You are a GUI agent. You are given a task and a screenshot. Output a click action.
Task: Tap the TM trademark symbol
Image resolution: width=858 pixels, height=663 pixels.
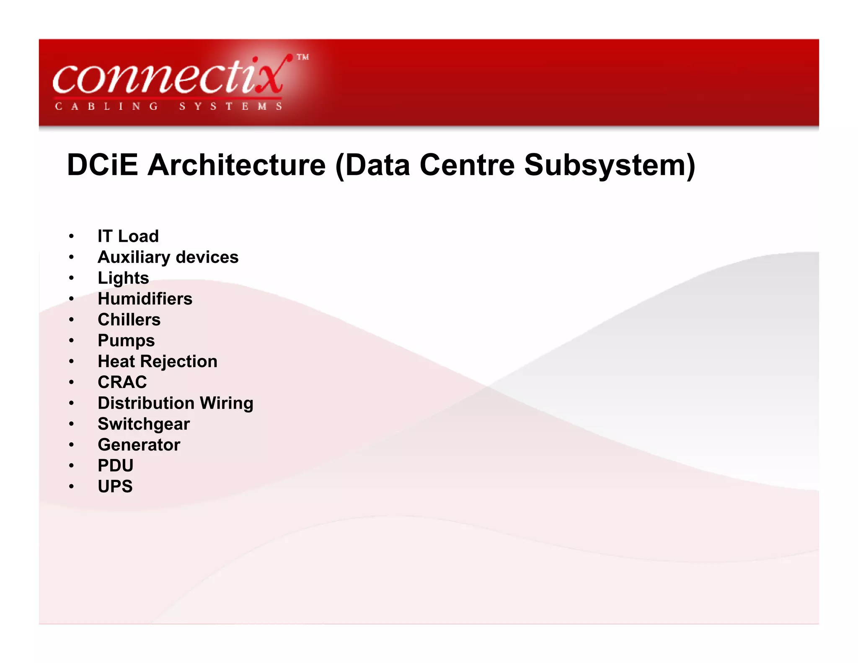pos(303,57)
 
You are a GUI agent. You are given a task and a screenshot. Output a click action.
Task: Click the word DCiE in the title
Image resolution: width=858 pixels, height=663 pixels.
pos(102,165)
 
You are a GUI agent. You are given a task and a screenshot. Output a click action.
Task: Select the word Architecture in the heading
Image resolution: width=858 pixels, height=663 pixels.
pos(237,165)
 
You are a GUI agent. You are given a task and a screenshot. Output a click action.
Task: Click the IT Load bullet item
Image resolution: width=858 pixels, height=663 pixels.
pos(128,236)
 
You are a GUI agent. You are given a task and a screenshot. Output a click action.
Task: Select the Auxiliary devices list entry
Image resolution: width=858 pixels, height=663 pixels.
pos(168,257)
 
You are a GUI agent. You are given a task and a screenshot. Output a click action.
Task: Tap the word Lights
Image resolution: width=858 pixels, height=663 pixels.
pos(123,278)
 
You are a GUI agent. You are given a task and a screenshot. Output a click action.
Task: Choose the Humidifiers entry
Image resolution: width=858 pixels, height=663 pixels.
pos(145,299)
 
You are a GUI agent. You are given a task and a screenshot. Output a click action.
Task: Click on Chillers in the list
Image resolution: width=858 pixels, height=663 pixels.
pos(129,320)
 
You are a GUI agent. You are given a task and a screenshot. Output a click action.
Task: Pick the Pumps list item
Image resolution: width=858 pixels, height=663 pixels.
pos(126,341)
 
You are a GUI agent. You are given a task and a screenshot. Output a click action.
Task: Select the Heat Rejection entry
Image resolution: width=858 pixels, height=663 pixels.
pos(158,361)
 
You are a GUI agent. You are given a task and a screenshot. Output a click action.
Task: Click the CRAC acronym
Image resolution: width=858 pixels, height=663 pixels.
pos(122,382)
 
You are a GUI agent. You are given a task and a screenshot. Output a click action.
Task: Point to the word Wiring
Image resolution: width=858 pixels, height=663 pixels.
pos(226,403)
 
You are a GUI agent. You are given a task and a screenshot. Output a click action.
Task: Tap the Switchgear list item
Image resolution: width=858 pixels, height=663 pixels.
pos(144,424)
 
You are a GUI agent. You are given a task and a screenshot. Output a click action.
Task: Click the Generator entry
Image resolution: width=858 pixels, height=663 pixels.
pos(139,445)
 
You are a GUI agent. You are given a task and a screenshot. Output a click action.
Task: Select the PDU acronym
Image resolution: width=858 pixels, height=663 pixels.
pos(116,466)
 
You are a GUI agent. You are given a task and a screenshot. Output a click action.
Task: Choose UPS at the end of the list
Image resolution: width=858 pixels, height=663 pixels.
pos(115,487)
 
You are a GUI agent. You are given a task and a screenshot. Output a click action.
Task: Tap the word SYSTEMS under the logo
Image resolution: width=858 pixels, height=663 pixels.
pos(230,106)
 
